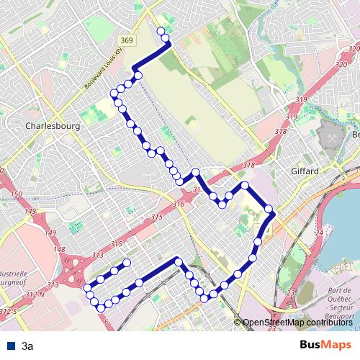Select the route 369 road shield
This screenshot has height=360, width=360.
coord(127,41)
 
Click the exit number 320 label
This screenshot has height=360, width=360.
coord(342,65)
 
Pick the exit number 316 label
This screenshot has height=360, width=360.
coord(179,205)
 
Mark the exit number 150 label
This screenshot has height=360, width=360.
coord(17,195)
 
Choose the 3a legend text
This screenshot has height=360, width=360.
coord(27,346)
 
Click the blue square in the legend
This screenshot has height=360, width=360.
coord(9,346)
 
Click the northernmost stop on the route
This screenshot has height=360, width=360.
coord(161,30)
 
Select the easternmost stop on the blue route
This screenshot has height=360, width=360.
coord(269,210)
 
